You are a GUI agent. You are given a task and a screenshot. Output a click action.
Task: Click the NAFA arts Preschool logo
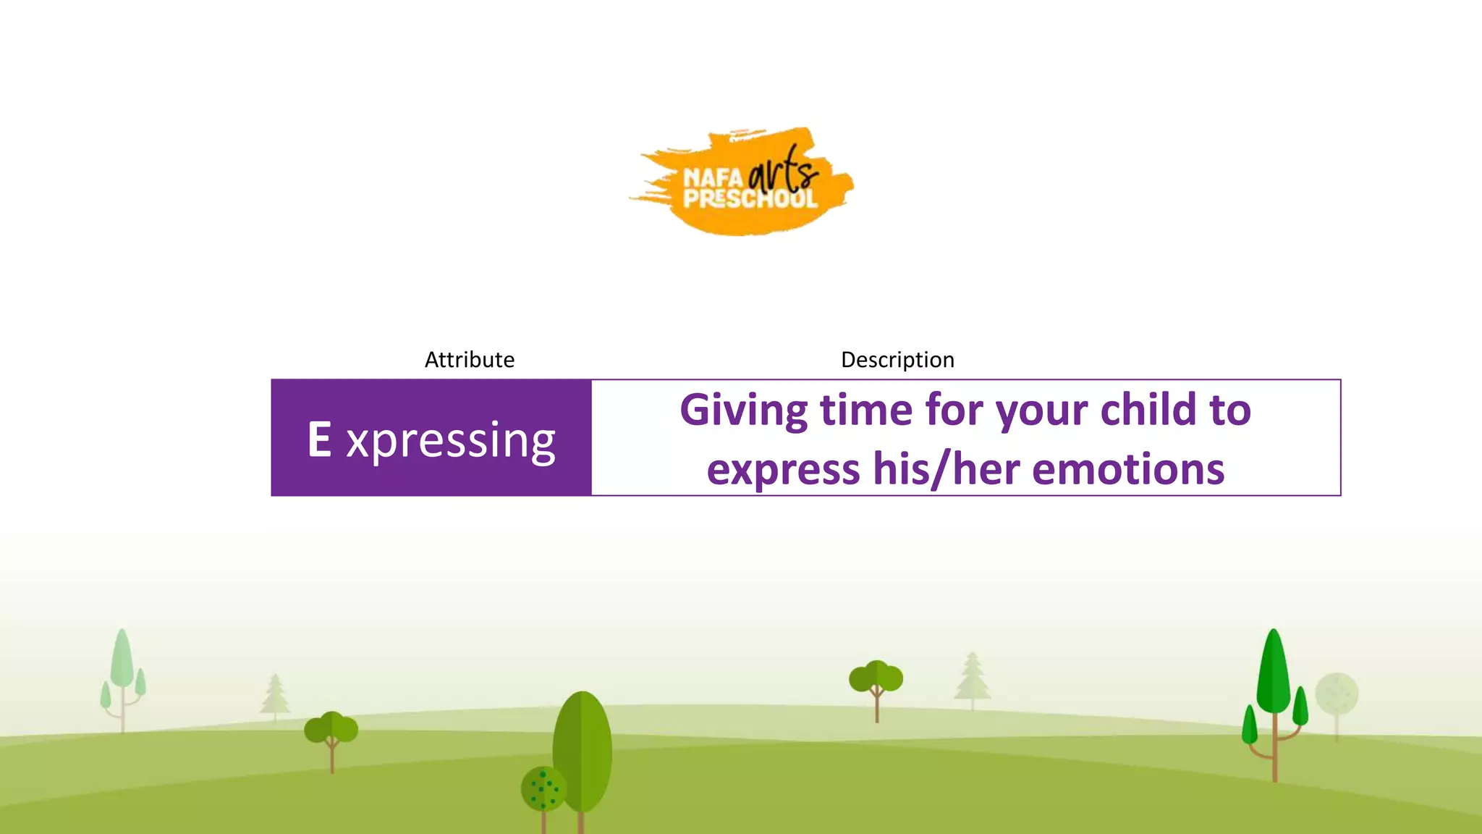coord(742,182)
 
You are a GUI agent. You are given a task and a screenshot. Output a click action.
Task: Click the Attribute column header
coord(469,360)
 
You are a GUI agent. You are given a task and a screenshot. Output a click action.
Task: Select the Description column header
coord(897,360)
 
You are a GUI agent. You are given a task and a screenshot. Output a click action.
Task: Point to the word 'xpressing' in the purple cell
coord(451,440)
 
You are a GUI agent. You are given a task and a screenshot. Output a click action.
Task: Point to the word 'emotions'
coord(1128,469)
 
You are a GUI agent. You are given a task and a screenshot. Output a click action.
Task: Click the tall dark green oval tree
coord(583,749)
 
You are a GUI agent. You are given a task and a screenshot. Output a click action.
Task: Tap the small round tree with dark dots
coord(543,789)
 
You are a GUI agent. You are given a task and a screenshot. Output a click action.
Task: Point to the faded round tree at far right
coord(1337,694)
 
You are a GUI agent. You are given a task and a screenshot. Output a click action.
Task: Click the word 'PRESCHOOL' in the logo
coord(750,198)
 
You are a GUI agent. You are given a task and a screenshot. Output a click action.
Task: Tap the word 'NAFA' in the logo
coord(713,177)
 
